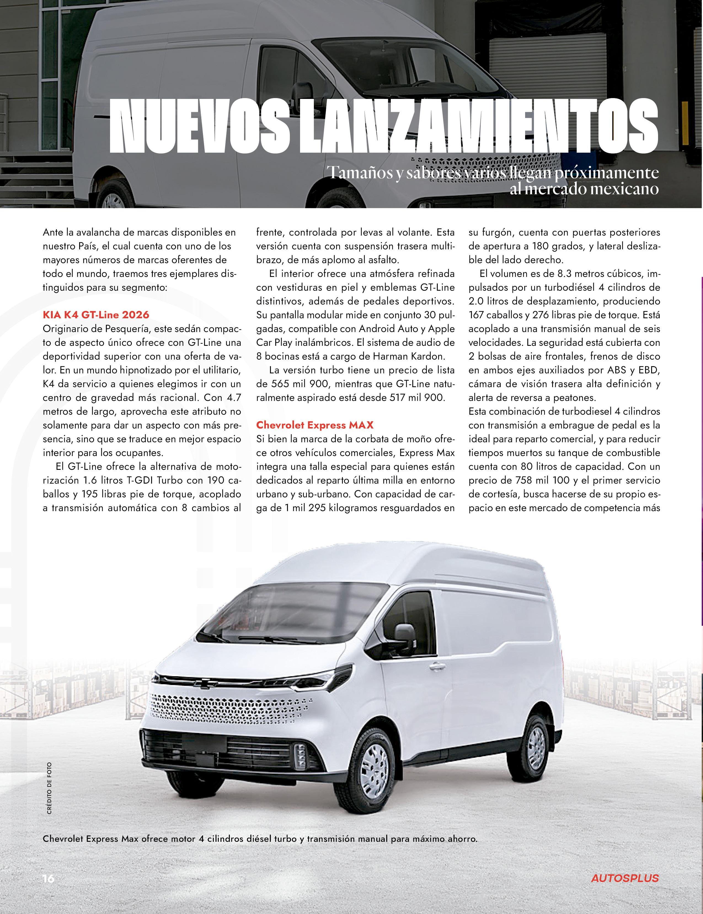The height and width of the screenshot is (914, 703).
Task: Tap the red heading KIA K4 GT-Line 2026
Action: pos(96,314)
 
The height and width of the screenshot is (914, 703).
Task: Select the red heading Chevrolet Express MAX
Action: pos(315,425)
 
